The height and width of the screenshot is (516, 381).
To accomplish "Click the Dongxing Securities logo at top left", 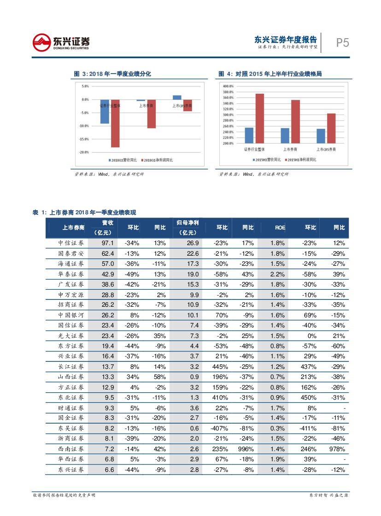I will tap(61, 43).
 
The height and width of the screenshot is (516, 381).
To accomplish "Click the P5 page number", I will tap(342, 43).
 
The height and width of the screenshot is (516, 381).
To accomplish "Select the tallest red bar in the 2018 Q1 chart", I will tap(115, 123).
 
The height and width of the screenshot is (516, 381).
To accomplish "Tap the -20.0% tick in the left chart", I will tap(85, 152).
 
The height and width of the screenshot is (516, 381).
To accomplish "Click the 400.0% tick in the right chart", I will tap(229, 86).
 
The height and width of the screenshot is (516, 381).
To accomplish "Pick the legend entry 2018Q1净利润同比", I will tap(157, 160).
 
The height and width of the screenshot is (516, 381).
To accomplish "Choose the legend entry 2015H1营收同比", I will tap(266, 160).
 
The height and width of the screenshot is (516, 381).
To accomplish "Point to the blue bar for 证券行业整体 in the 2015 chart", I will tap(249, 135).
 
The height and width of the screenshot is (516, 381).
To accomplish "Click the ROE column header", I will tap(280, 228).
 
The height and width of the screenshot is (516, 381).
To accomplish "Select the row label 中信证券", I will tap(71, 243).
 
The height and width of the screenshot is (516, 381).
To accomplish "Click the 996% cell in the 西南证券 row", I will tap(247, 448).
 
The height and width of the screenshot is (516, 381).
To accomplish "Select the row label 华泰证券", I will tap(71, 274).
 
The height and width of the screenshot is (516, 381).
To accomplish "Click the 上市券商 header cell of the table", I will tap(73, 228).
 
